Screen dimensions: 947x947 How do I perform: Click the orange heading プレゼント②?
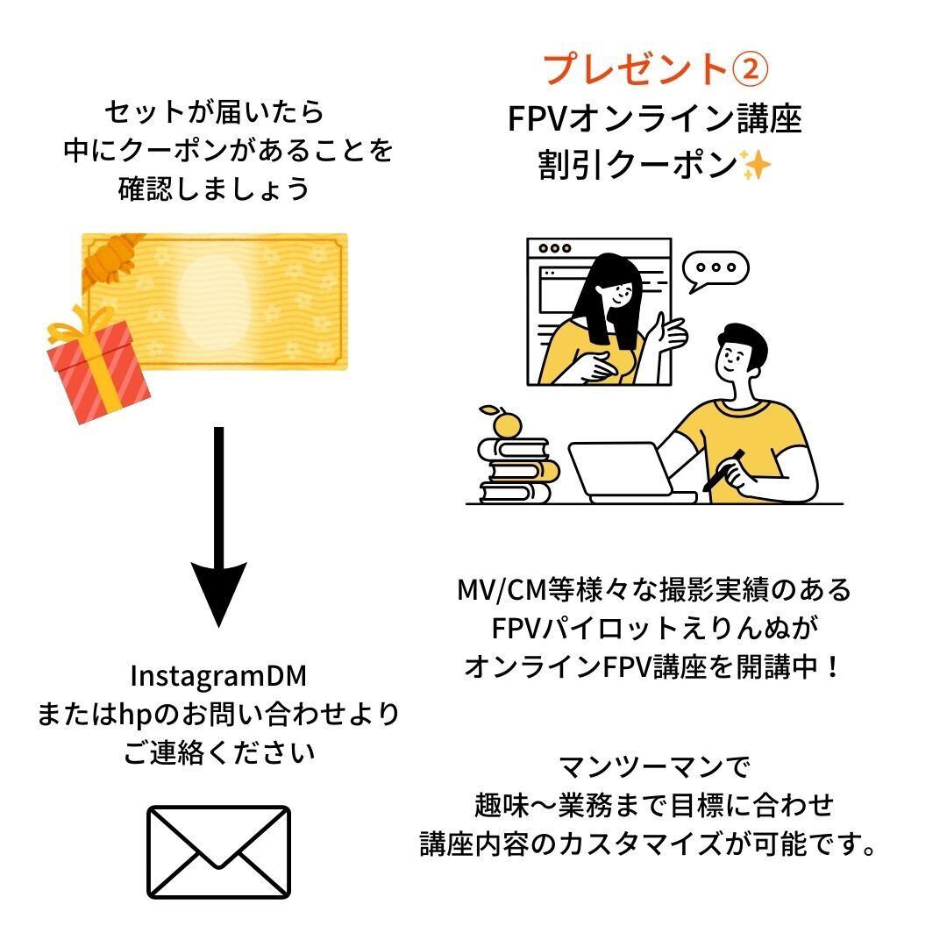[656, 68]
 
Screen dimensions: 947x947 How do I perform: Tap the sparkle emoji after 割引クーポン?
[755, 165]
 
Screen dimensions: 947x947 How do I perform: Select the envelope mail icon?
[218, 851]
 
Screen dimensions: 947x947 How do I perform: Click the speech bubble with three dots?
[716, 268]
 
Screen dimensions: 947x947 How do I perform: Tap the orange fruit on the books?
[506, 424]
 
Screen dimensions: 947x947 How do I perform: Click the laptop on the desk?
[623, 473]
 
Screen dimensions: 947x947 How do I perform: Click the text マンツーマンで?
[654, 769]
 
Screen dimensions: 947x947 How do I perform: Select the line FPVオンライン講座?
[655, 119]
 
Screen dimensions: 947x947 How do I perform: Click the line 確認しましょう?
[215, 189]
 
